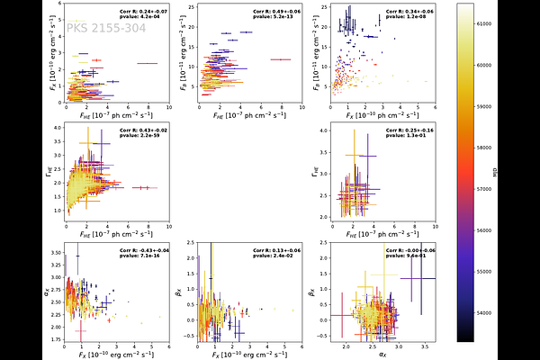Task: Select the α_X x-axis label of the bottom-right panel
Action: (383, 355)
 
